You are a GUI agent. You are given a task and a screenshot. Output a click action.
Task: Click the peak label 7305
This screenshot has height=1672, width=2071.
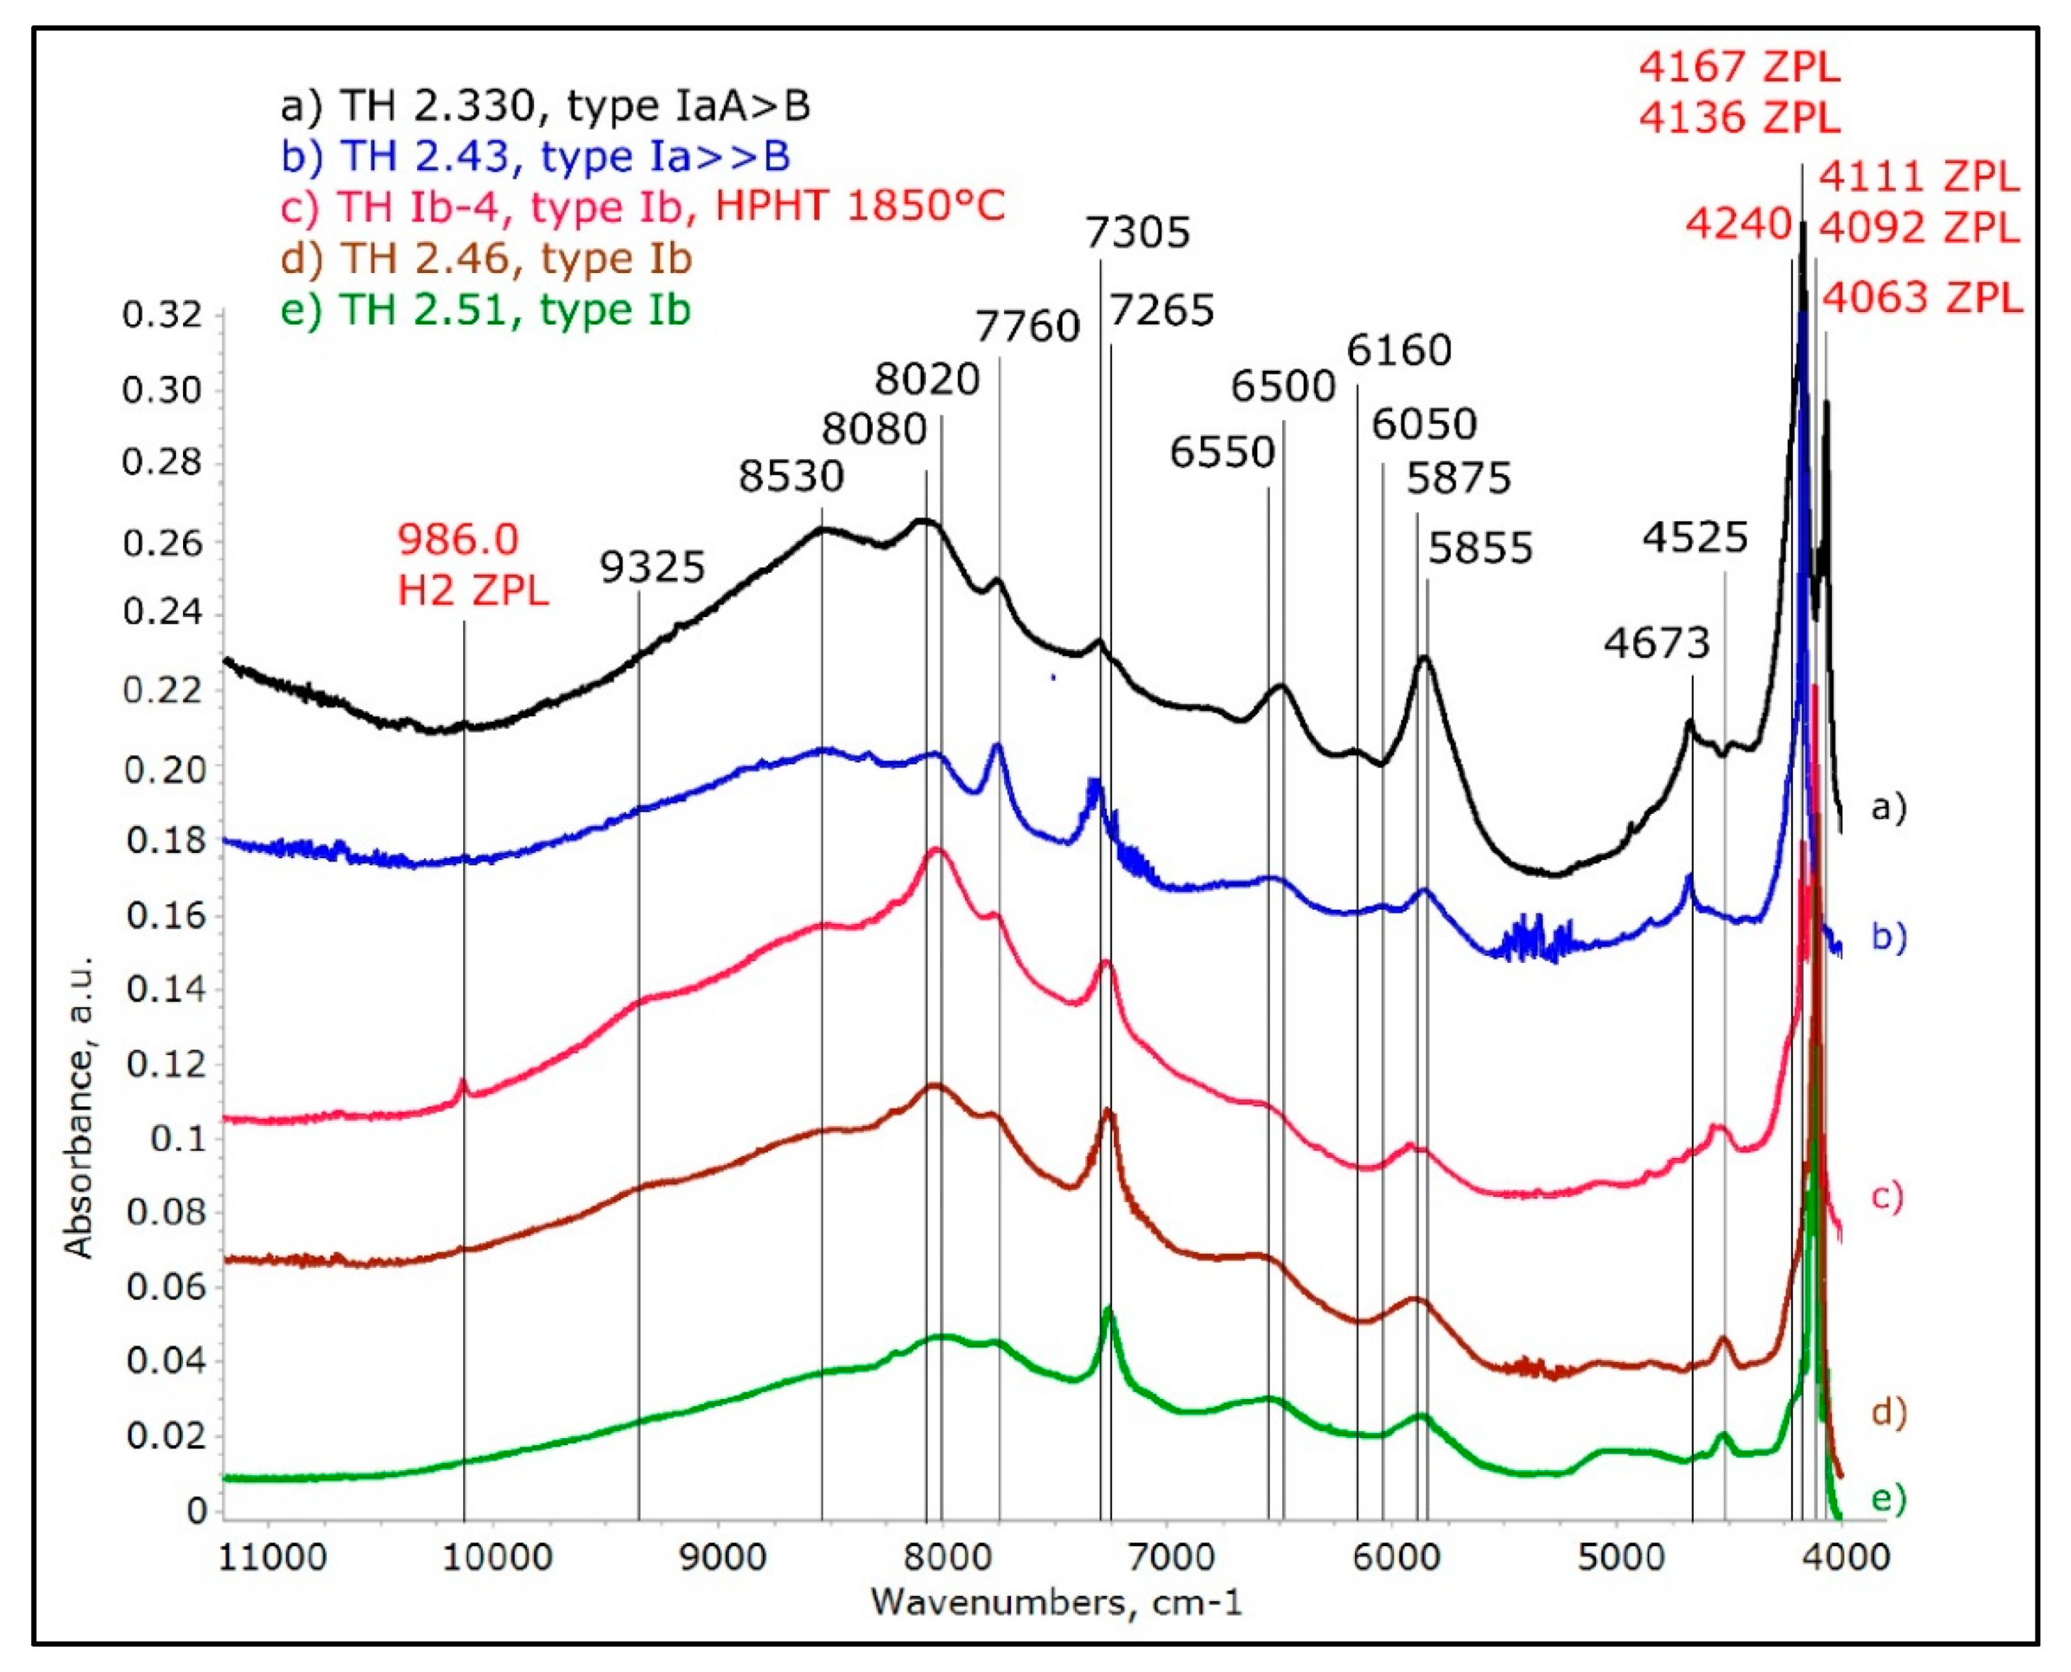[1137, 233]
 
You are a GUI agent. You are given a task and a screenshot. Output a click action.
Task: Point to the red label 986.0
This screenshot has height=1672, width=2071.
[458, 539]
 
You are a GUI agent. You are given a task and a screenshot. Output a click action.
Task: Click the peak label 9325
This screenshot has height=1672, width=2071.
[653, 567]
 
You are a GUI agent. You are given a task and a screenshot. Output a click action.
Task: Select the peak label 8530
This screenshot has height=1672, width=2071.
[791, 476]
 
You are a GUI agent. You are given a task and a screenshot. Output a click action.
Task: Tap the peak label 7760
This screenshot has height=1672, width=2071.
[1029, 327]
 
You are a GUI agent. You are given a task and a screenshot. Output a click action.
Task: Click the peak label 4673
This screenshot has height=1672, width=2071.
[1656, 642]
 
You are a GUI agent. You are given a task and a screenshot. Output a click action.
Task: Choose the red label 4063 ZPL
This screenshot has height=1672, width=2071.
[1923, 298]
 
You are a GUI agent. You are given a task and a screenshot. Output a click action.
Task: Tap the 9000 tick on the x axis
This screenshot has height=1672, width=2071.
[720, 1558]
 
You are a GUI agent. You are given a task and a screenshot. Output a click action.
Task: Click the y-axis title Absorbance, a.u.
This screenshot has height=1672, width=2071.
[79, 1109]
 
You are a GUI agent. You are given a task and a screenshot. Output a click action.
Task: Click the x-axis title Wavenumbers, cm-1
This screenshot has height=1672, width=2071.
[1056, 1602]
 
